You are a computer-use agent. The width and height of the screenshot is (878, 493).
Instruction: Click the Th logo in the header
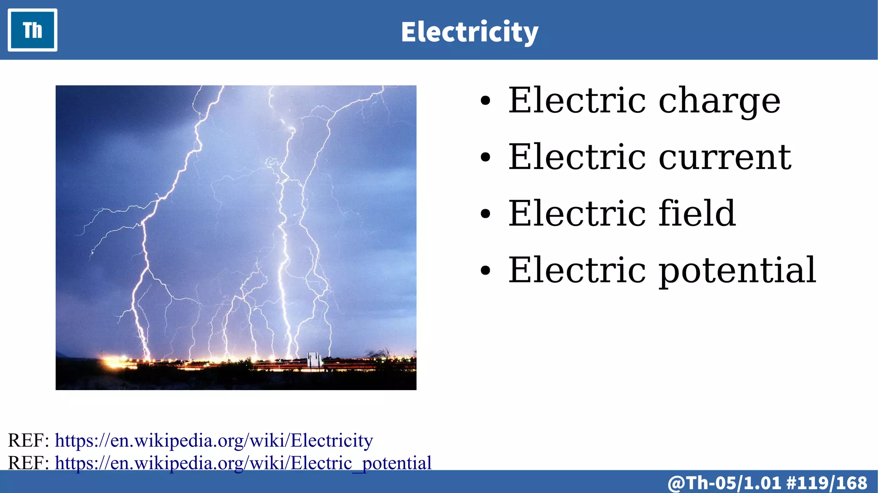[x=33, y=30]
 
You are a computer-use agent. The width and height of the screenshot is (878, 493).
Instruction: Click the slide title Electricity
[x=469, y=32]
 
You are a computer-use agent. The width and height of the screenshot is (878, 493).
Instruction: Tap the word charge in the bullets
[x=719, y=101]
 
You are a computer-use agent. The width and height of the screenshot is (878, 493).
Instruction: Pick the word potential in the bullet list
[x=737, y=270]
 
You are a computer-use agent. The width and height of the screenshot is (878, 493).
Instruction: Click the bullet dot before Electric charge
[x=485, y=102]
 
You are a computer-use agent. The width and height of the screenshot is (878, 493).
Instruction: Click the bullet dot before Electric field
[x=485, y=214]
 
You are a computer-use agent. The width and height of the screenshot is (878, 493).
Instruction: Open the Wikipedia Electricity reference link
[x=214, y=440]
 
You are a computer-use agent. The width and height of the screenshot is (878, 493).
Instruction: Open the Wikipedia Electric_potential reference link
[x=243, y=463]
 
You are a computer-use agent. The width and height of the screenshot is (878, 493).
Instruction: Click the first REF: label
[x=29, y=440]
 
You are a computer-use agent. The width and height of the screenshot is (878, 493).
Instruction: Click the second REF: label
[x=29, y=463]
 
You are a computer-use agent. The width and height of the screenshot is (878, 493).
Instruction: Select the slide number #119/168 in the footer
[x=827, y=483]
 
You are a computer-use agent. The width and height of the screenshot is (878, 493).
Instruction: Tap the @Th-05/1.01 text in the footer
[x=725, y=483]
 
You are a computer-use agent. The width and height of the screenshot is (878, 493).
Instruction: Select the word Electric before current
[x=577, y=157]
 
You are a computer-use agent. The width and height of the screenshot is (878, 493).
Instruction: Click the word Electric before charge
[x=577, y=101]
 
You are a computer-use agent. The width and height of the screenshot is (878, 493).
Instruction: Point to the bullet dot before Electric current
[x=485, y=157]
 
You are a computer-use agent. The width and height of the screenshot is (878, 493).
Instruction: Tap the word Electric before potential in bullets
[x=577, y=270]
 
